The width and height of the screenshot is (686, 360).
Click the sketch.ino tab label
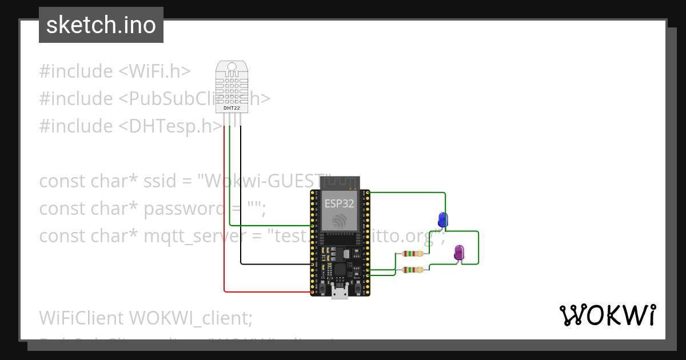[101, 25]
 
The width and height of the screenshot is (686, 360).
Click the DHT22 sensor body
[232, 86]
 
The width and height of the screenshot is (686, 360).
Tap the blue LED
[442, 219]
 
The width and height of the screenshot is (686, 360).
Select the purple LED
[458, 252]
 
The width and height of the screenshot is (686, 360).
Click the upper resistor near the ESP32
[412, 254]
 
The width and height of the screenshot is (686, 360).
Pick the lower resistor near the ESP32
[412, 270]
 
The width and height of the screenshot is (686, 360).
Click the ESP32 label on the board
[339, 203]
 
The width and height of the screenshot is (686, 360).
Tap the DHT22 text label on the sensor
[232, 107]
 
